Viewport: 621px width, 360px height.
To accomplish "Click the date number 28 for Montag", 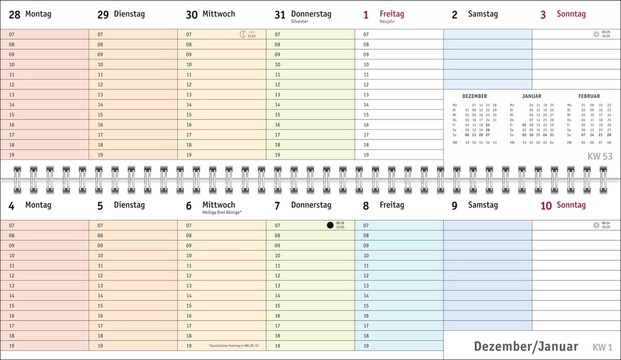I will [x=14, y=15].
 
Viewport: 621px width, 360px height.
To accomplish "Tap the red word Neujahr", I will [x=387, y=21].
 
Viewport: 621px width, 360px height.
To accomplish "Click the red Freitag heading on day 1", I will [x=391, y=13].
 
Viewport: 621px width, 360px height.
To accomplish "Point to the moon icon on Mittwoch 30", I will [x=243, y=35].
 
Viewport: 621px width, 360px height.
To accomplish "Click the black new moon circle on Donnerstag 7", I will [x=330, y=225].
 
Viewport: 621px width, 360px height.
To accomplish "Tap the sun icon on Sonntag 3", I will [x=597, y=35].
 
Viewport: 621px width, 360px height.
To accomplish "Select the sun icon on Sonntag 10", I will [x=597, y=225].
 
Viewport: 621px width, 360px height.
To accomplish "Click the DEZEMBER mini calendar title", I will [x=474, y=96].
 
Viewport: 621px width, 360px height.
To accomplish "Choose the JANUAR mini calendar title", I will [x=532, y=96].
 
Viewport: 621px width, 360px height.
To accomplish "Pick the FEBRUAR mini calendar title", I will [x=589, y=96].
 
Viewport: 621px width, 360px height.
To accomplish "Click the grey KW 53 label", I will [x=600, y=157].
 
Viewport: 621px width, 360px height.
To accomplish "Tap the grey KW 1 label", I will [x=603, y=347].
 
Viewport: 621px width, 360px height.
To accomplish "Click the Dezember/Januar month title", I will [x=526, y=347].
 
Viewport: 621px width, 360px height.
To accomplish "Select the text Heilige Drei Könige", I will [x=222, y=213].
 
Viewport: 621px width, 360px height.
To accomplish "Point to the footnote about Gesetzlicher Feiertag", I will [x=233, y=346].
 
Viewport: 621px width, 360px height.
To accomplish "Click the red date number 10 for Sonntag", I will [x=546, y=206].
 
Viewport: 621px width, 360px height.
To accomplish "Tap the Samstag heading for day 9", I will [x=483, y=205].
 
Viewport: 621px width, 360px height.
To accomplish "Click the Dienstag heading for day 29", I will [x=129, y=14].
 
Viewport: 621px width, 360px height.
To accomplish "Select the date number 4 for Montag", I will [x=11, y=206].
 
